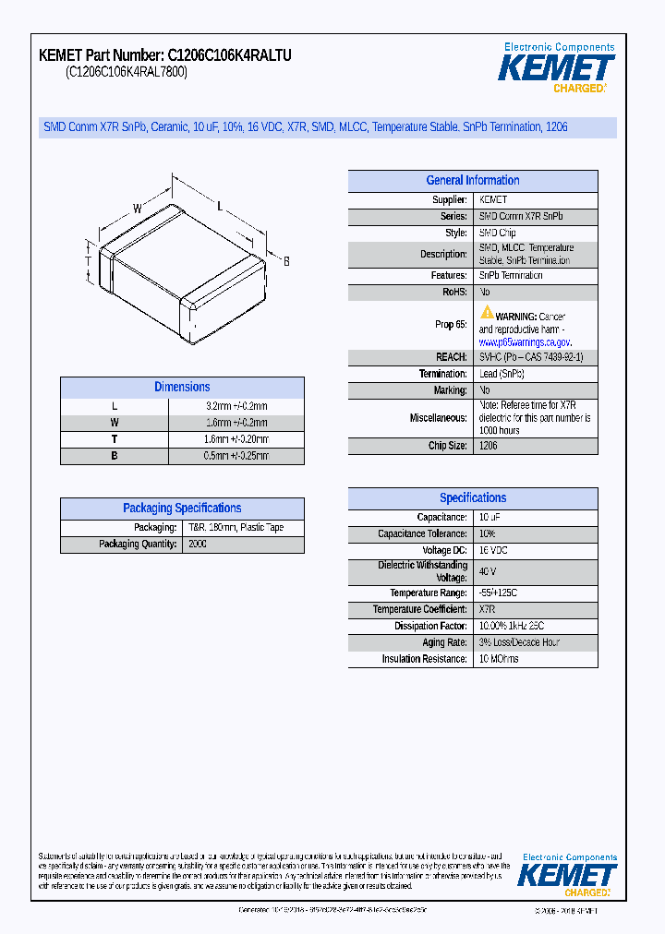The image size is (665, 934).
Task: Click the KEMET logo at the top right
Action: (x=556, y=68)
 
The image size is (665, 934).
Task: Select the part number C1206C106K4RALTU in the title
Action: (x=230, y=55)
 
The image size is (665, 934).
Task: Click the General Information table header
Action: (x=472, y=181)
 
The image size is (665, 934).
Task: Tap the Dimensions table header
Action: (x=182, y=388)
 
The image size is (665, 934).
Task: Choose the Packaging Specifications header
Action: (x=182, y=509)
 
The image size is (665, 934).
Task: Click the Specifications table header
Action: (x=472, y=497)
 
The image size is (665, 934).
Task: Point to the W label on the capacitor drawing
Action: (x=137, y=209)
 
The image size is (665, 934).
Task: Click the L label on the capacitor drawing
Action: (x=220, y=206)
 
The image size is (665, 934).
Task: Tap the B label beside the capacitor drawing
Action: (x=286, y=262)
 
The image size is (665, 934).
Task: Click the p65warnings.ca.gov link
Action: (x=525, y=341)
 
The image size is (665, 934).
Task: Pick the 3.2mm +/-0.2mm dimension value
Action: (x=236, y=406)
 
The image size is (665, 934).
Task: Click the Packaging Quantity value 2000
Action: (x=198, y=545)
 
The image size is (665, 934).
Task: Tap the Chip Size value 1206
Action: (x=488, y=446)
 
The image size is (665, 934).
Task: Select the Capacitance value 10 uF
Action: (x=490, y=518)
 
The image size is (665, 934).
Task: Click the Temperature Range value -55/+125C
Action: (x=499, y=593)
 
